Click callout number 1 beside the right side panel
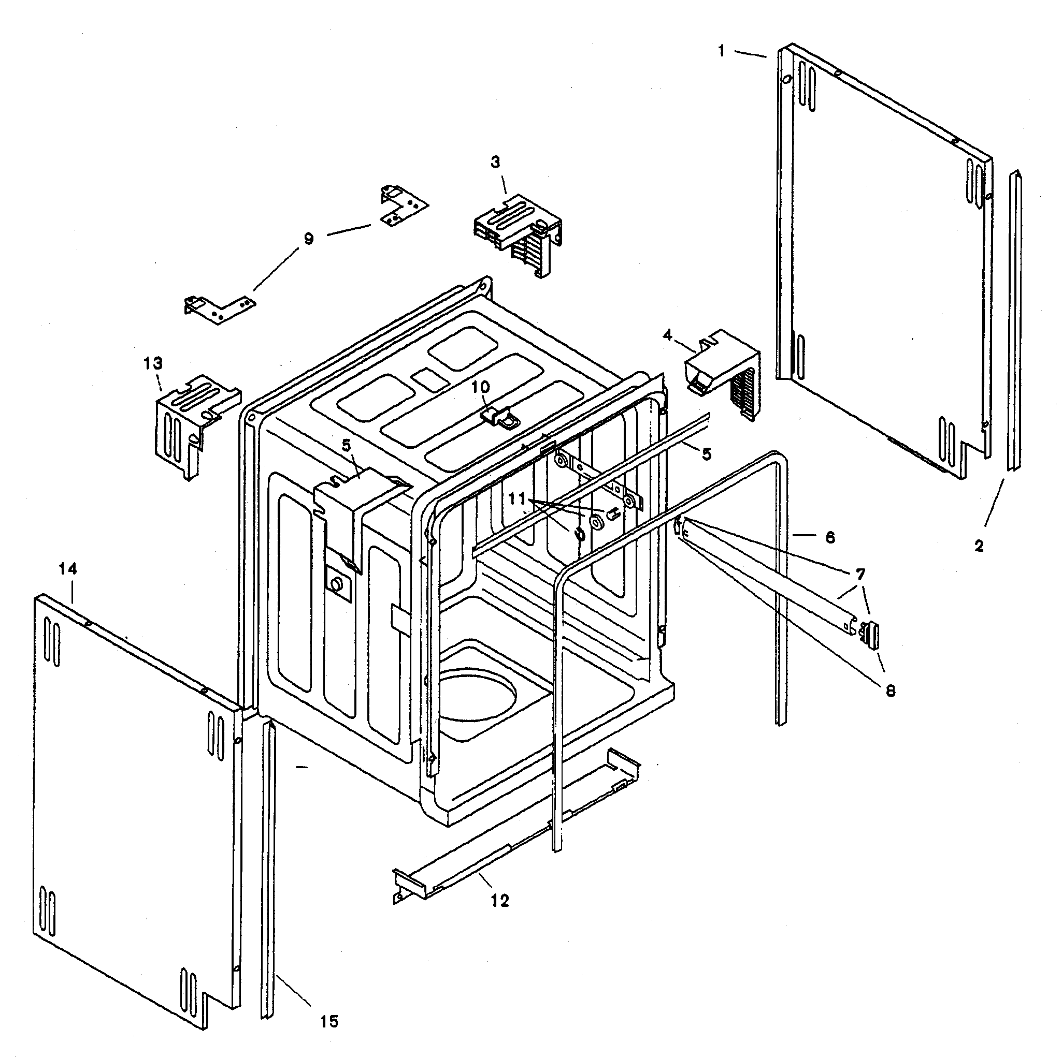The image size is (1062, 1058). (x=721, y=51)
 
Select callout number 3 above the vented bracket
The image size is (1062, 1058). (x=495, y=162)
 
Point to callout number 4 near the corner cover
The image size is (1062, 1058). (x=667, y=334)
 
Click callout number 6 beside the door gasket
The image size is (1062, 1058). (x=830, y=537)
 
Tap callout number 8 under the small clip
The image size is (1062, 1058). (x=891, y=690)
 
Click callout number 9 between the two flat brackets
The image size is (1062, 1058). (x=308, y=239)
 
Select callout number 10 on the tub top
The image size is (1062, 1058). (x=480, y=387)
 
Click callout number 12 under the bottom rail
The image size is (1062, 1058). (x=500, y=900)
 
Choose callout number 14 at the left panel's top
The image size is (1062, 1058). (x=68, y=569)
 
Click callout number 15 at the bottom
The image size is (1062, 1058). (x=329, y=1021)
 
